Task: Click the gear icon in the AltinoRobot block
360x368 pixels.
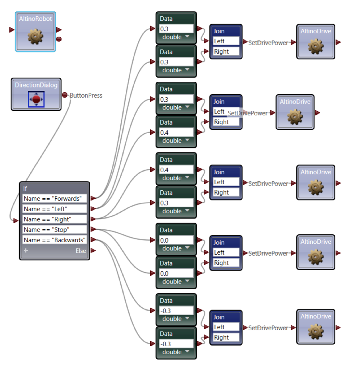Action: click(35, 36)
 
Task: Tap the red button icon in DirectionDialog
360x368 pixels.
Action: click(36, 99)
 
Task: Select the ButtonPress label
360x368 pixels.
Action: click(86, 96)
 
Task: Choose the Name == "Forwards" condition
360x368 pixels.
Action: click(53, 199)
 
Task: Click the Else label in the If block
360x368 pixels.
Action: click(81, 251)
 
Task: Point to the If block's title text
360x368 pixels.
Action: click(25, 188)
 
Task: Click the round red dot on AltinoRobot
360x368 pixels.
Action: click(59, 39)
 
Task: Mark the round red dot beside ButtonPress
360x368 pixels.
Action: click(65, 95)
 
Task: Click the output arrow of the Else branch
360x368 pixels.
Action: click(93, 251)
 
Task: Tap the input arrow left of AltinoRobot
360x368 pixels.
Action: click(12, 30)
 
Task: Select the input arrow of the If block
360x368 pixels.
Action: click(16, 220)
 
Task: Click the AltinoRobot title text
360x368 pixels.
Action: click(35, 19)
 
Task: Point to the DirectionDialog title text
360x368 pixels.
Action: click(36, 85)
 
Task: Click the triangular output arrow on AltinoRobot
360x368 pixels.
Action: click(59, 30)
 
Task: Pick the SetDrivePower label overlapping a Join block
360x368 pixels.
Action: click(248, 113)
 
